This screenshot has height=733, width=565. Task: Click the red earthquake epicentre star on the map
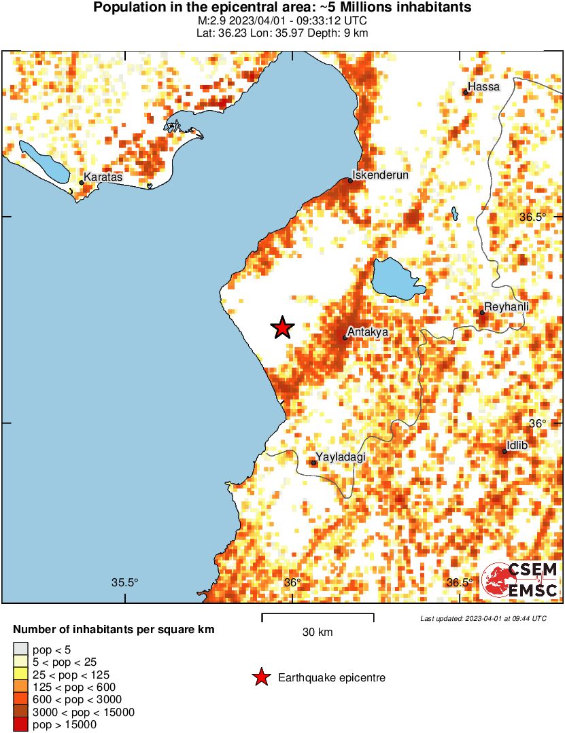282,328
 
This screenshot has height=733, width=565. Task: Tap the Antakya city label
367,332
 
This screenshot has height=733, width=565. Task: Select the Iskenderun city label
380,175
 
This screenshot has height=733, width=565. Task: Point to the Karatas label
103,177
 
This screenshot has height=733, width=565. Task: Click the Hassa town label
484,87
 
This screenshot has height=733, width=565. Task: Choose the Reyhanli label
507,307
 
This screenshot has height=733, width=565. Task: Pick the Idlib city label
519,445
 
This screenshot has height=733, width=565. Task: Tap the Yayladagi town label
341,457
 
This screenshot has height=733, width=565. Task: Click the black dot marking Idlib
504,452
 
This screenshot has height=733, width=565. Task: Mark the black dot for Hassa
466,92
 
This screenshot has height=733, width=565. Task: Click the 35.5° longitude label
124,582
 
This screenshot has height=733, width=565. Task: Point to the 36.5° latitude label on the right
532,217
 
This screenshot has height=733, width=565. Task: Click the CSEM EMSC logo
519,580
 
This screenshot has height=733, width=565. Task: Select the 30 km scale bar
318,618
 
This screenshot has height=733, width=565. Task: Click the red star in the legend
260,677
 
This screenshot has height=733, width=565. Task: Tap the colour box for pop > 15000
20,725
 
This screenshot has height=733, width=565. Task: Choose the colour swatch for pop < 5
20,650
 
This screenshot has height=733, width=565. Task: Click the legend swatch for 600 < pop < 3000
20,700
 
